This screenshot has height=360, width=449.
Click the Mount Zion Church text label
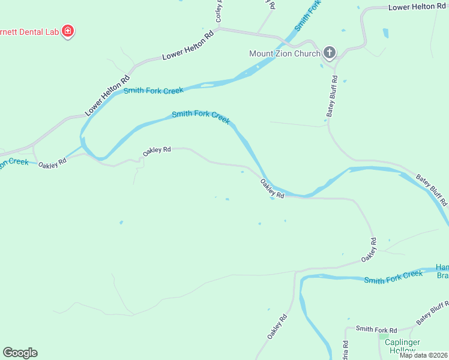pos(285,53)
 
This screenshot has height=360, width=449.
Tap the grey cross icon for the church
pos(329,53)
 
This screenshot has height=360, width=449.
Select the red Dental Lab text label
pos(29,31)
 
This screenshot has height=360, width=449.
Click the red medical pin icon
pos(68,31)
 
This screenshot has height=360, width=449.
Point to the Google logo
pos(20,353)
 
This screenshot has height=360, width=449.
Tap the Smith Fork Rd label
pos(376,329)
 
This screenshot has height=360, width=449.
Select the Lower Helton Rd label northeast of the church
pos(417,7)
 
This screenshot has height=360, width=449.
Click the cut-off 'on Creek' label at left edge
pos(13,163)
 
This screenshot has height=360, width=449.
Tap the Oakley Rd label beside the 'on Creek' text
pos(52,164)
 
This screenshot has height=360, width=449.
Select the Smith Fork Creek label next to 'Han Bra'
pos(393,277)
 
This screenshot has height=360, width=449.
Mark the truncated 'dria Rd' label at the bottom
pos(346,350)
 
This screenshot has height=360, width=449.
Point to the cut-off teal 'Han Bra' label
pos(442,271)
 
